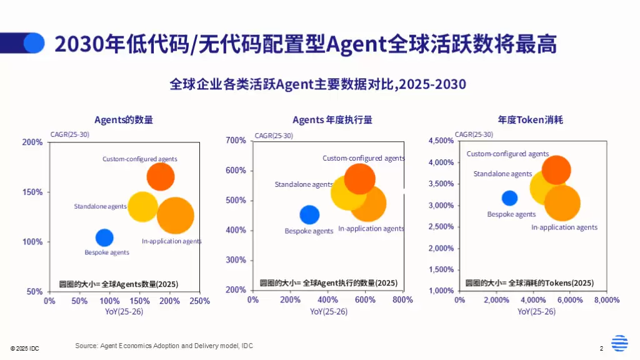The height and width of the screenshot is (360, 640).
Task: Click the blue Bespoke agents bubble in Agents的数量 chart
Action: point(104,237)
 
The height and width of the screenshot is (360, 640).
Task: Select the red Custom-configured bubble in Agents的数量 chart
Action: point(161,176)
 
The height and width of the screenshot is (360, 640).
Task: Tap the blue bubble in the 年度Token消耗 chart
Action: point(509,198)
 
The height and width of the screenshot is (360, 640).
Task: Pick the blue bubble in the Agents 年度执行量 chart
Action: point(309,214)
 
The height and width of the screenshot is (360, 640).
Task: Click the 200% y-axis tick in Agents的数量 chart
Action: point(33,142)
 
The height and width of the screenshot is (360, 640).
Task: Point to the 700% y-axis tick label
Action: point(236,141)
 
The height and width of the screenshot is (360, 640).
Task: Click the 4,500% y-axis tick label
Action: point(441,141)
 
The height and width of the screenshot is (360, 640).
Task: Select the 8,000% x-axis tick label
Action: point(606,300)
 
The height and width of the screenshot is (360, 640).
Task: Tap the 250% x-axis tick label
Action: point(199,301)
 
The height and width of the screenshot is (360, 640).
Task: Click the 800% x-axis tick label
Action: point(402,300)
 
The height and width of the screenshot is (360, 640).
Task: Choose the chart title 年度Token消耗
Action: point(530,119)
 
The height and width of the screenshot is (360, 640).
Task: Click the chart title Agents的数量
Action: point(124,119)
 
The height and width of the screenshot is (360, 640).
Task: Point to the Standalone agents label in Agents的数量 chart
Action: point(100,206)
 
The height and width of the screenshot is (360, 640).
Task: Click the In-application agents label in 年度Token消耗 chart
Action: point(564,227)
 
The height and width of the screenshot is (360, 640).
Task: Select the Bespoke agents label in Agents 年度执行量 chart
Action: point(309,231)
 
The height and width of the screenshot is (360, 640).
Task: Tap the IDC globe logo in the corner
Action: point(619,344)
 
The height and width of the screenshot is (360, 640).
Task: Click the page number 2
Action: point(601,348)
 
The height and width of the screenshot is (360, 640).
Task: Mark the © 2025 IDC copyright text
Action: point(24,348)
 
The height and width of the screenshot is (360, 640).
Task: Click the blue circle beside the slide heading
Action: point(34,42)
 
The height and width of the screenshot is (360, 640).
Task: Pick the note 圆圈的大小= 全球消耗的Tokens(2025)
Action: point(529,283)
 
